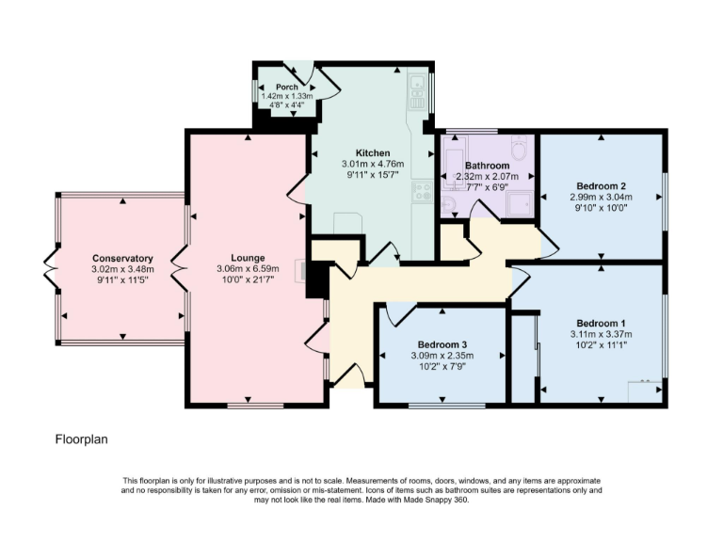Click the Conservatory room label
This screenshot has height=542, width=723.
(122, 258)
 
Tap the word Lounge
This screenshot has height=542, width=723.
(249, 258)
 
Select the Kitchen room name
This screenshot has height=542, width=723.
(373, 153)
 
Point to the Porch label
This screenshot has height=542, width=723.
(286, 88)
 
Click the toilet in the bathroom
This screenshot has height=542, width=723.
(518, 148)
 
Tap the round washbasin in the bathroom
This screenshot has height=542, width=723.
(449, 204)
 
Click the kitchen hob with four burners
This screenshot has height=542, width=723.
(423, 192)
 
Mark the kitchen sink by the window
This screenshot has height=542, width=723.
(416, 88)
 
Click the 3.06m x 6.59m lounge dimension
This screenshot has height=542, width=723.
(249, 268)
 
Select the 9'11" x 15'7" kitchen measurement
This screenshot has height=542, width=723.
(373, 174)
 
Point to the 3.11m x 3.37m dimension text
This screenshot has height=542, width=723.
(601, 333)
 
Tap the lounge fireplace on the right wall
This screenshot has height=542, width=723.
(302, 270)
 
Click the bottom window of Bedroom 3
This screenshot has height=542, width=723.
(441, 406)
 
